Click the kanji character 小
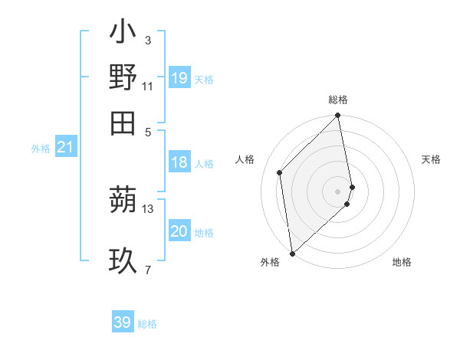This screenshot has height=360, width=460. (x=123, y=33)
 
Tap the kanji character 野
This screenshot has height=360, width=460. (x=123, y=77)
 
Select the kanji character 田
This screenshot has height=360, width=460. (x=123, y=123)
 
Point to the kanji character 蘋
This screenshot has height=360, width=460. (x=123, y=201)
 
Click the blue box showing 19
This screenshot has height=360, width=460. (x=179, y=78)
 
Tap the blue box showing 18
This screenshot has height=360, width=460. (x=179, y=162)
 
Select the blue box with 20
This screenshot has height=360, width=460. (x=179, y=232)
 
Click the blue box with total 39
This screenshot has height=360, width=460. (x=123, y=322)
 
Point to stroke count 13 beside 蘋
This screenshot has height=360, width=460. (x=148, y=208)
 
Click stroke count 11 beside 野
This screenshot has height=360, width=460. (x=148, y=86)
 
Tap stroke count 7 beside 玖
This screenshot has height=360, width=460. (x=148, y=270)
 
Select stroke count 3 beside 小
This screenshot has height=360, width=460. (x=148, y=40)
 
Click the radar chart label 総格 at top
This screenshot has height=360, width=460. (x=337, y=100)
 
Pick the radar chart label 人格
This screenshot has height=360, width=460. (x=245, y=159)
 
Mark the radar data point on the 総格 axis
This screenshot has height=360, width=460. (x=337, y=116)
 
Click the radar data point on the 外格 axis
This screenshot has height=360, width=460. (x=292, y=252)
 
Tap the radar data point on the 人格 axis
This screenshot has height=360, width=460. (x=280, y=172)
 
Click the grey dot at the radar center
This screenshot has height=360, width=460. (x=337, y=191)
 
